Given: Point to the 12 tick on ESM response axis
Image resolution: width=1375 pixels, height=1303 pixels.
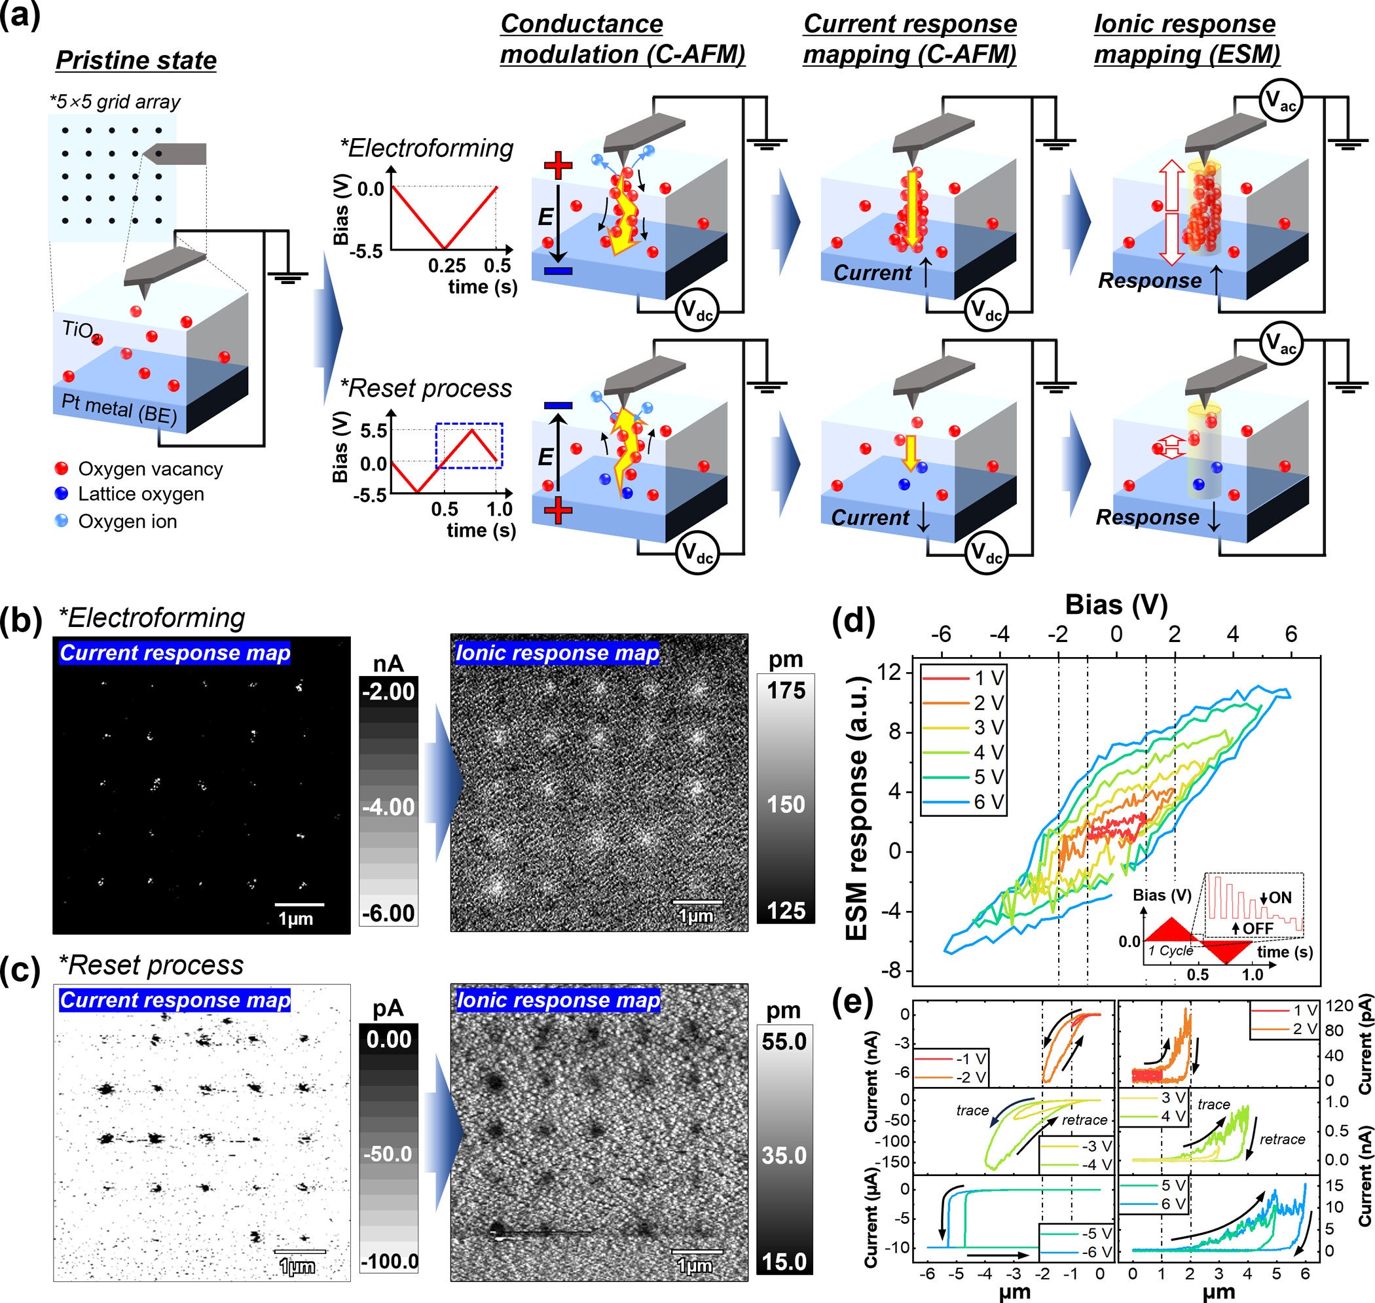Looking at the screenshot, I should (889, 672).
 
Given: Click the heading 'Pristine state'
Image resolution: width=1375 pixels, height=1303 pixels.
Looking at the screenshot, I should (136, 60).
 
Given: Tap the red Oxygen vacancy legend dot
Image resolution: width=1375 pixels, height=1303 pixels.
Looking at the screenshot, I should (61, 468).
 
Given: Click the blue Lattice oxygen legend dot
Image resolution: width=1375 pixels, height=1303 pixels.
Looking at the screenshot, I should (61, 494).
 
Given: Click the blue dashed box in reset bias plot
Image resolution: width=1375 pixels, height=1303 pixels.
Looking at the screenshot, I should (469, 445).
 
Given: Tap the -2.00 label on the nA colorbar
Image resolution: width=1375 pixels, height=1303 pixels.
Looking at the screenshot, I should (388, 692).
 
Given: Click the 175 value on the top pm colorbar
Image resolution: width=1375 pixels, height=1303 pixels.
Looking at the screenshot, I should (786, 690).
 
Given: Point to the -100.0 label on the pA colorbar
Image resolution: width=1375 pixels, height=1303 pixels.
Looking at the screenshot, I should (389, 1260).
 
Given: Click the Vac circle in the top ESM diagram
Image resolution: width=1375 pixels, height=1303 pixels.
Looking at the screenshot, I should (1279, 101).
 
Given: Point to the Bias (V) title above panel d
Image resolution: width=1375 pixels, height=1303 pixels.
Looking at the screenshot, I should (1116, 605).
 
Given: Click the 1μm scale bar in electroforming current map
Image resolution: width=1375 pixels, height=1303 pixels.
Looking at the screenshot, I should (299, 904).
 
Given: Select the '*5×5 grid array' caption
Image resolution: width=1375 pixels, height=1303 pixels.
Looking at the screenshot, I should (115, 102).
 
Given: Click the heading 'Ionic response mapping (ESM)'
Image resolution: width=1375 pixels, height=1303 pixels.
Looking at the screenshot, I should (1186, 39).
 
